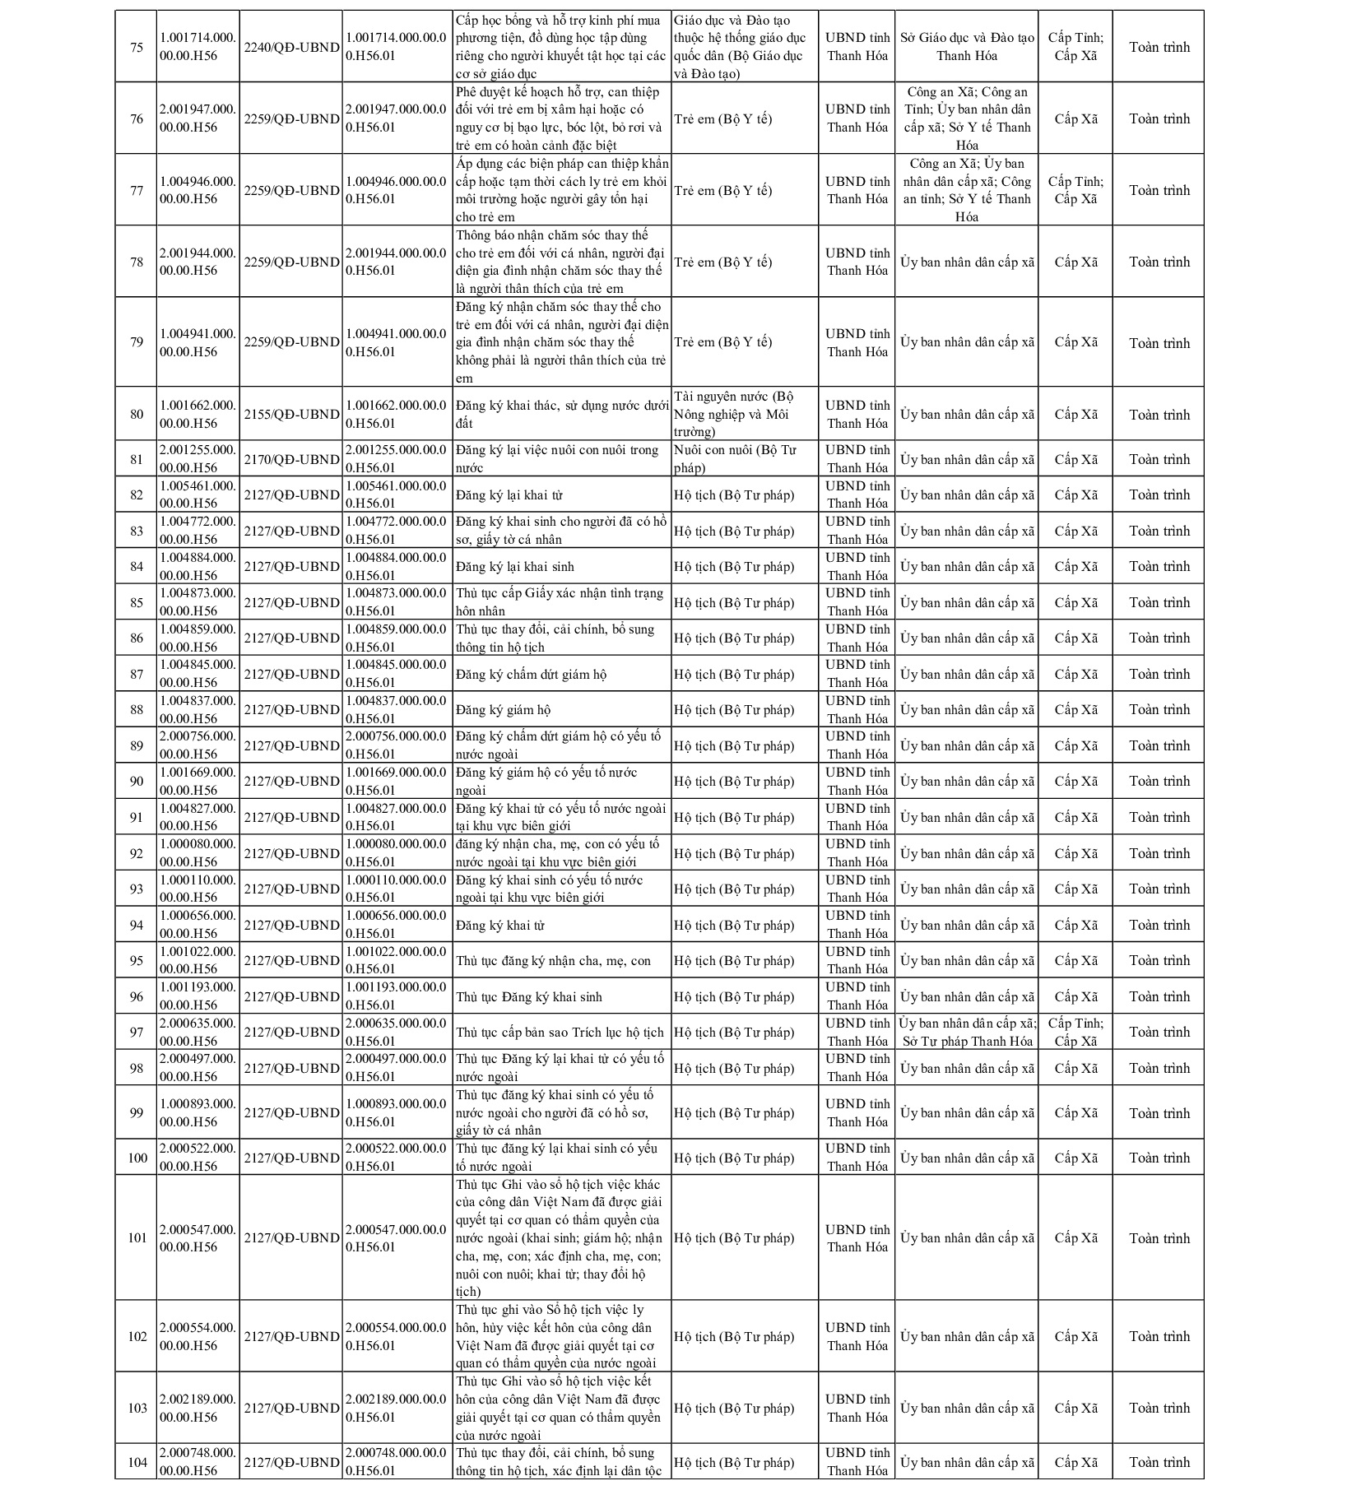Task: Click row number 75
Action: click(137, 47)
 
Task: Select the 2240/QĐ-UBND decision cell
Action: click(291, 48)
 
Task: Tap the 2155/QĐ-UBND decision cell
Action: click(291, 415)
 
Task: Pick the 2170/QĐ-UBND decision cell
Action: click(291, 459)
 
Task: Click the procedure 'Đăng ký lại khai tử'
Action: click(509, 495)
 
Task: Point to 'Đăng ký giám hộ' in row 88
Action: click(504, 710)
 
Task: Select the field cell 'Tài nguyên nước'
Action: click(732, 415)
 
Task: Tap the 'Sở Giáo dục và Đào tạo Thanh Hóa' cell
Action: click(967, 47)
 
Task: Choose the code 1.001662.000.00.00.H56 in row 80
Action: click(197, 415)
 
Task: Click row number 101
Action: click(137, 1238)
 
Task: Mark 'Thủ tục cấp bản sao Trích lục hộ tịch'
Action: click(560, 1033)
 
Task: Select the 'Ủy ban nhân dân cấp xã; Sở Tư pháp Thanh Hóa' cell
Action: click(967, 1033)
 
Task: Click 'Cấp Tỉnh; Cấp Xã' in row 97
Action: click(1075, 1033)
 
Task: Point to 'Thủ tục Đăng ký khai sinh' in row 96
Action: click(529, 997)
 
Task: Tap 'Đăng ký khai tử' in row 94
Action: click(500, 926)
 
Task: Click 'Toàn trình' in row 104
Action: click(1159, 1462)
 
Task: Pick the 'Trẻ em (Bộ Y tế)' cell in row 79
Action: click(723, 342)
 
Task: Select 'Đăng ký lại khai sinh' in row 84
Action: click(515, 567)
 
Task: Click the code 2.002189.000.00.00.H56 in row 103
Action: click(197, 1408)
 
